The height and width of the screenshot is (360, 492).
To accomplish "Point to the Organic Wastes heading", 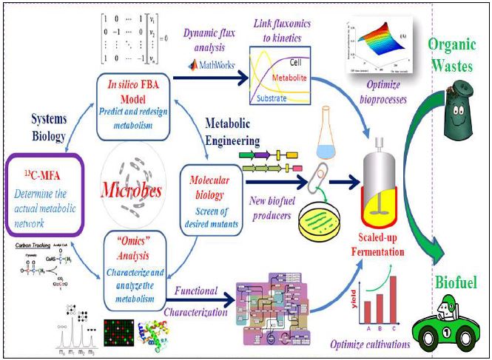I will (459, 56).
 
